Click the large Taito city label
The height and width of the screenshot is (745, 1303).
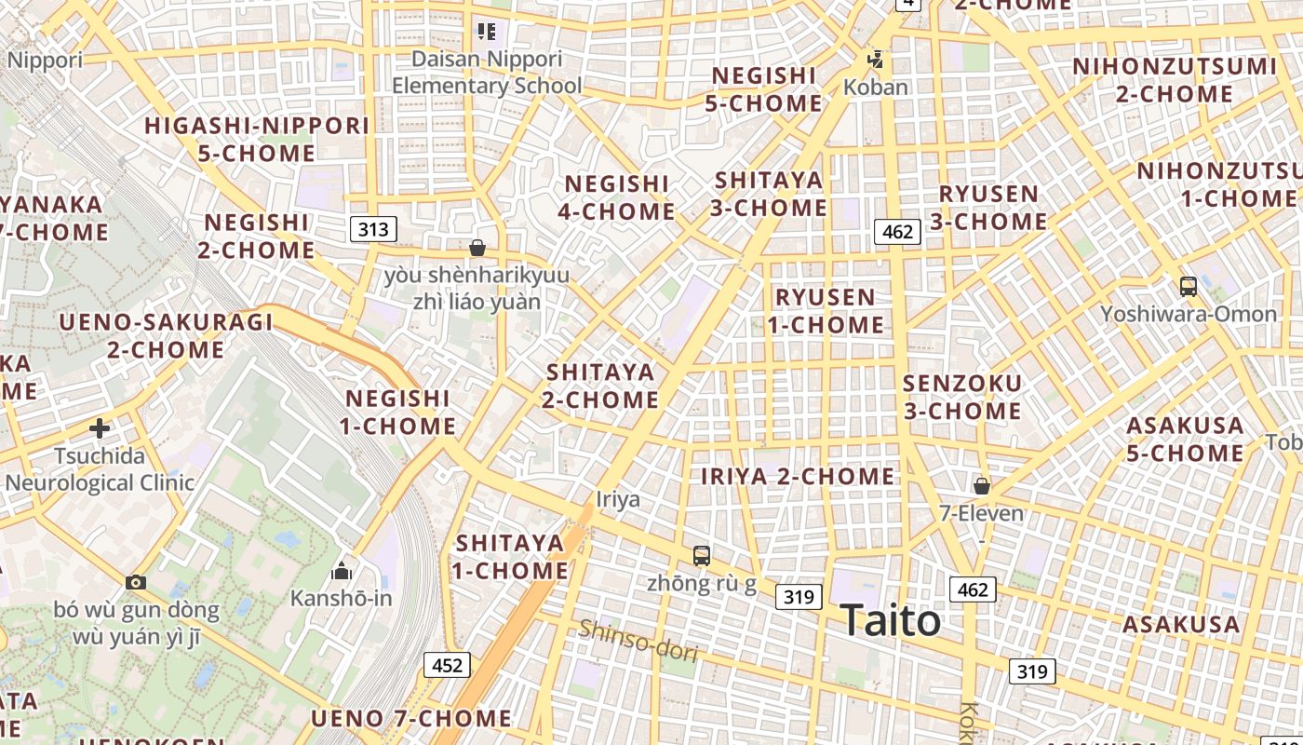[x=890, y=620]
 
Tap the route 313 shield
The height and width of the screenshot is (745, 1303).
[x=374, y=229]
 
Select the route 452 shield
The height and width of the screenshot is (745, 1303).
[x=447, y=665]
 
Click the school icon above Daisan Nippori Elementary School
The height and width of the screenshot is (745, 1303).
[x=486, y=32]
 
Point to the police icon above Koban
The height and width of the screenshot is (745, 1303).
[x=875, y=61]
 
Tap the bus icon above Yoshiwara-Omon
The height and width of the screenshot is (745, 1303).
[x=1188, y=287]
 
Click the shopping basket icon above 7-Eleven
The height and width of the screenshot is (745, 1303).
[x=981, y=486]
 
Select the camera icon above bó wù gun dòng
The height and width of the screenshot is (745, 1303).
[x=136, y=582]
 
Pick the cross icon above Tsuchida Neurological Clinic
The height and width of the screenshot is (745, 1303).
[x=100, y=428]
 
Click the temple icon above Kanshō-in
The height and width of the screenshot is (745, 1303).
[x=342, y=570]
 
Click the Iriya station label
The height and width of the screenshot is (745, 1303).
[x=618, y=499]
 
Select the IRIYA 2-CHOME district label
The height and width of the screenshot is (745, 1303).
[x=798, y=477]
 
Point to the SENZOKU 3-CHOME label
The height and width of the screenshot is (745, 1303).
[x=962, y=397]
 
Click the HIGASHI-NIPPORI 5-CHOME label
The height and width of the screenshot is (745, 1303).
[x=257, y=139]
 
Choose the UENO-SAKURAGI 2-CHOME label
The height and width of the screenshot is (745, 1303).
[x=166, y=336]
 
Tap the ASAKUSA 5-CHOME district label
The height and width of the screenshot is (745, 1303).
[x=1185, y=440]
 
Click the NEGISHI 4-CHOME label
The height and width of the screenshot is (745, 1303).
[x=616, y=197]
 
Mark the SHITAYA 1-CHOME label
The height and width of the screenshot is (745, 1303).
[x=511, y=556]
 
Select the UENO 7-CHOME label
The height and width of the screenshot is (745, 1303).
[x=410, y=718]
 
